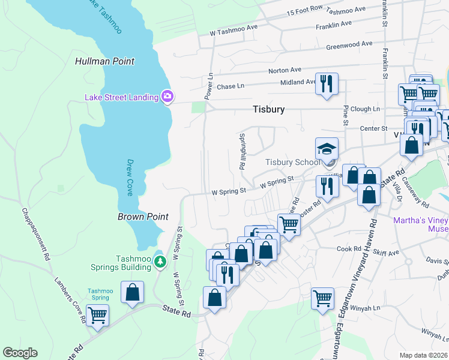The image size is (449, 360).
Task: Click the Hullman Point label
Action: (104, 61)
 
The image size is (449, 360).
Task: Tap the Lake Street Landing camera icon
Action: (167, 97)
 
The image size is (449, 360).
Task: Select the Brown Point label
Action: (143, 217)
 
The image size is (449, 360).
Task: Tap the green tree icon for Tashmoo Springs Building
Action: (160, 261)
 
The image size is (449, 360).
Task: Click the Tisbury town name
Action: (268, 110)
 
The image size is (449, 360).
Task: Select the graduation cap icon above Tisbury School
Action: (327, 149)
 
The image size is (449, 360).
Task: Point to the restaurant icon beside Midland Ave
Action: (327, 83)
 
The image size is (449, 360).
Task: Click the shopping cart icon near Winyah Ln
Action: (322, 297)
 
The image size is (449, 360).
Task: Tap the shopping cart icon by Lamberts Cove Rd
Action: (97, 314)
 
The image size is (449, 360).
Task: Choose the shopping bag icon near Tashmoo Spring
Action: (132, 292)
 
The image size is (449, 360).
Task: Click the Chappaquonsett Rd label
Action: (35, 234)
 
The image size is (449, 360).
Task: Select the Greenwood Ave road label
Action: (349, 45)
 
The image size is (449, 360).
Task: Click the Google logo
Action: (20, 353)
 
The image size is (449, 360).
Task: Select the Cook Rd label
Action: (348, 248)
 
